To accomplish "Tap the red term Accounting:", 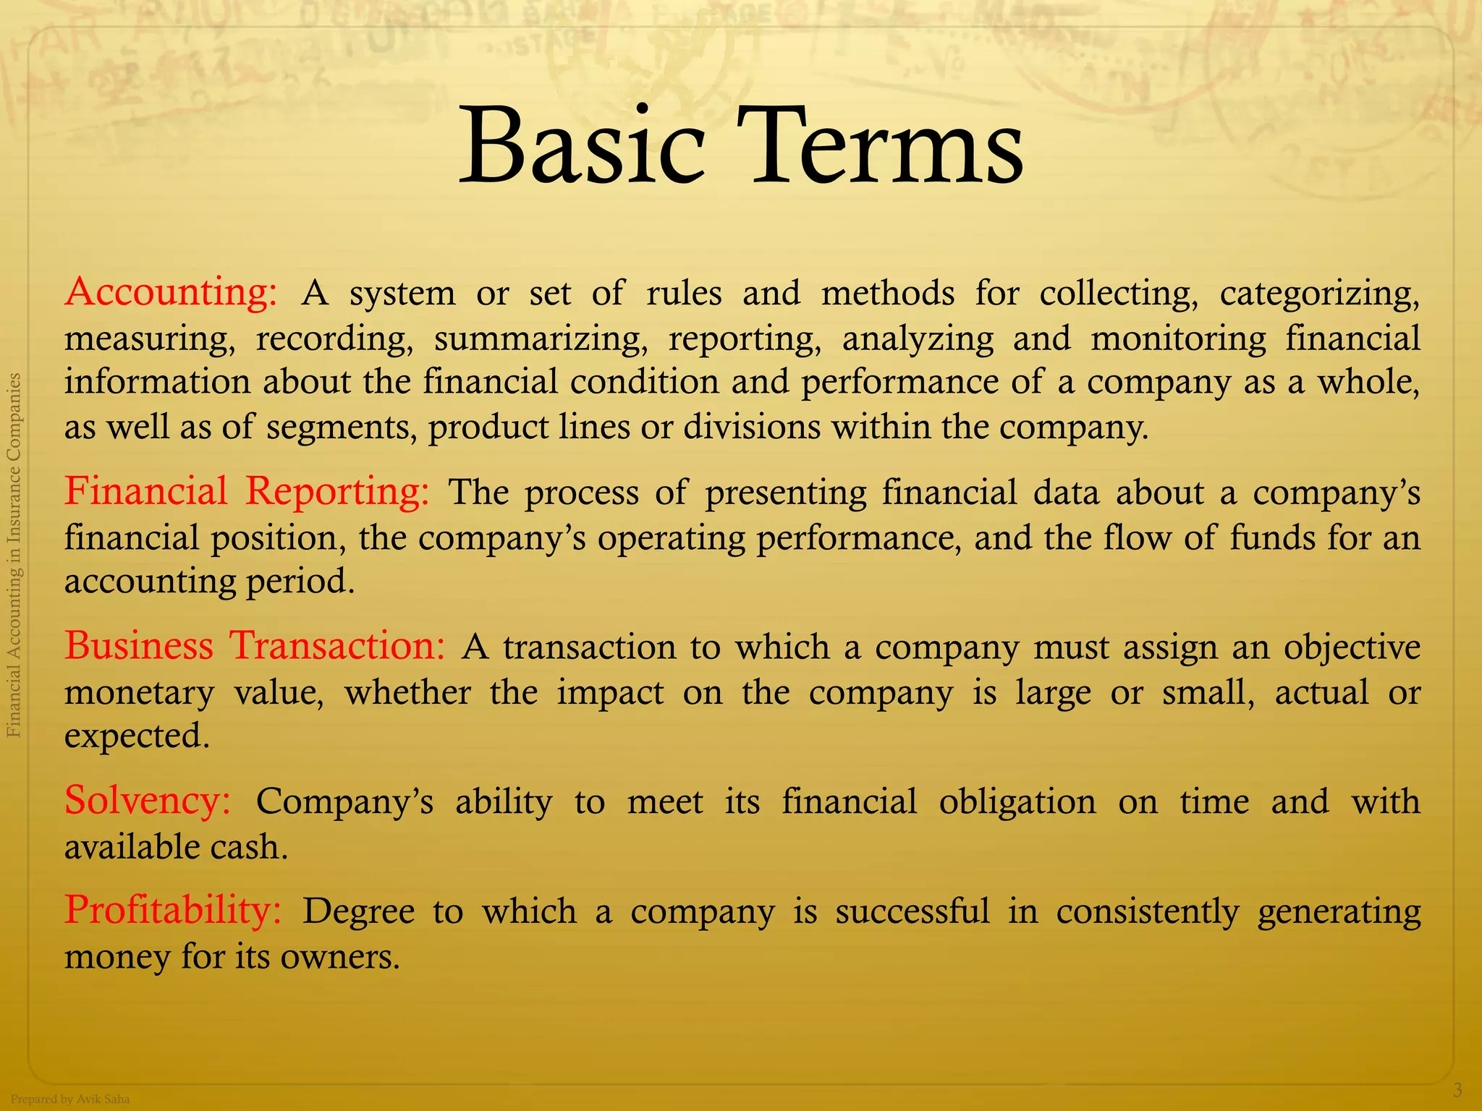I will point(171,292).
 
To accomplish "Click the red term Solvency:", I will point(148,801).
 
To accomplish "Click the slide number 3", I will point(1457,1090).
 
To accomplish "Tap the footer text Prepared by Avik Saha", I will point(70,1099).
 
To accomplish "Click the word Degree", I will point(358,911).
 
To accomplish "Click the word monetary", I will point(139,693).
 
